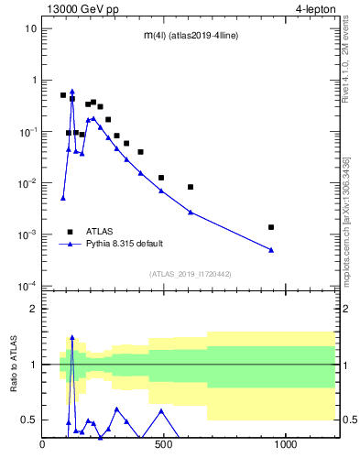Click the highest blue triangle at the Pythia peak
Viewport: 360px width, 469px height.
tap(72, 92)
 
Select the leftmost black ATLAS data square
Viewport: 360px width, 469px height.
tap(63, 95)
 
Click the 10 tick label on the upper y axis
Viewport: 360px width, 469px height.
tap(30, 28)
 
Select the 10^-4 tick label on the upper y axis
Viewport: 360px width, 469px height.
tap(27, 286)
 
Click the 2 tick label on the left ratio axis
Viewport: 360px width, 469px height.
tap(33, 309)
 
